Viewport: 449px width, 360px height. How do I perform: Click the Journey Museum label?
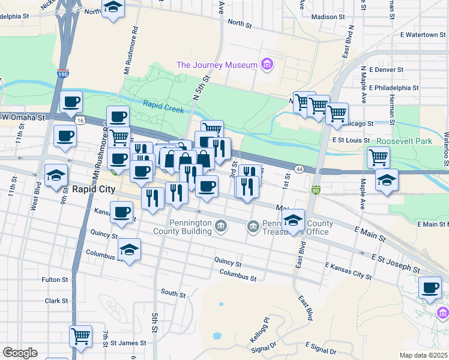pos(216,65)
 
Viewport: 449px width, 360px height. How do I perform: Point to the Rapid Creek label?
pos(163,104)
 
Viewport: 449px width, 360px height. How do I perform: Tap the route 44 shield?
pos(298,169)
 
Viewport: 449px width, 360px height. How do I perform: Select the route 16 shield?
pos(80,121)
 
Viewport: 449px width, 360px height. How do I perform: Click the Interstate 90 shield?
pos(316,190)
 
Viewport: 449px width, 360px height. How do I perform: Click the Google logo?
pos(20,352)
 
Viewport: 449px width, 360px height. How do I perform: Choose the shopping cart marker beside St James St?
pos(80,336)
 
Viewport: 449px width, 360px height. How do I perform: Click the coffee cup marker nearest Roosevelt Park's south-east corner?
pos(430,287)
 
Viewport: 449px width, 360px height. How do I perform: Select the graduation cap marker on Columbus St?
pos(129,249)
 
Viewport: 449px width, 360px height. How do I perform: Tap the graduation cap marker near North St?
pos(112,8)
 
